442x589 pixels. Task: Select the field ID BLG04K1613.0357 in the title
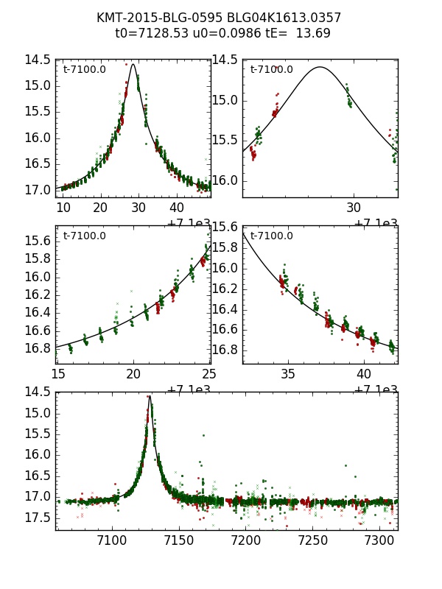(x=272, y=18)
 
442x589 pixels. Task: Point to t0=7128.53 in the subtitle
(x=147, y=33)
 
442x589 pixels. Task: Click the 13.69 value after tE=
(x=314, y=33)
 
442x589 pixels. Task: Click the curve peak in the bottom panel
(x=150, y=396)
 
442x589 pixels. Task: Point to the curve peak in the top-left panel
(x=133, y=64)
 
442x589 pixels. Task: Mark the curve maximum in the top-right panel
(x=320, y=67)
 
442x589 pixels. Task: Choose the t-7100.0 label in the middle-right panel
(x=271, y=236)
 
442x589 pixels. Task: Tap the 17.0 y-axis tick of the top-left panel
(x=35, y=190)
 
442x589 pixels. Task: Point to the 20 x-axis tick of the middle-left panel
(x=133, y=373)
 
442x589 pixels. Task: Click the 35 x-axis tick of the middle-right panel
(x=288, y=373)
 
